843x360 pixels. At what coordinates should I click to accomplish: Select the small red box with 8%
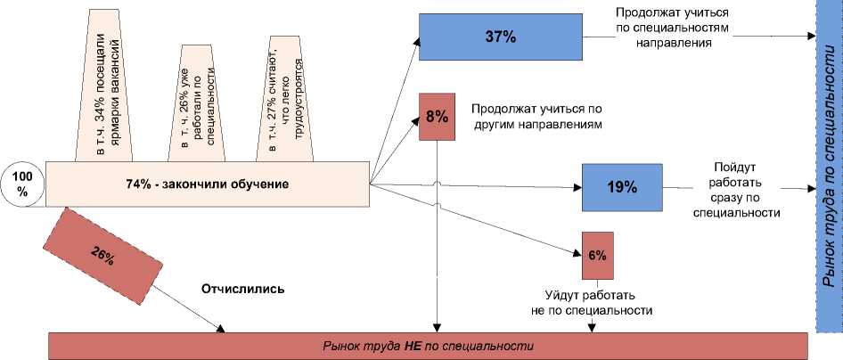pyautogui.click(x=437, y=116)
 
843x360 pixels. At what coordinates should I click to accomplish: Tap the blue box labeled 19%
pyautogui.click(x=622, y=187)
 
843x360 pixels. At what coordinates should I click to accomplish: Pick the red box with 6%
pyautogui.click(x=597, y=255)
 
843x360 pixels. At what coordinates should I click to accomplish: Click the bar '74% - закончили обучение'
pyautogui.click(x=207, y=184)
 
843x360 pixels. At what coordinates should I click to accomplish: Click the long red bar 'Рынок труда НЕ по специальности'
pyautogui.click(x=428, y=345)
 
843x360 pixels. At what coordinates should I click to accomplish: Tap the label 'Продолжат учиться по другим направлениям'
pyautogui.click(x=534, y=116)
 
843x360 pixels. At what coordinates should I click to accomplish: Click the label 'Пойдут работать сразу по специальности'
pyautogui.click(x=736, y=189)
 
